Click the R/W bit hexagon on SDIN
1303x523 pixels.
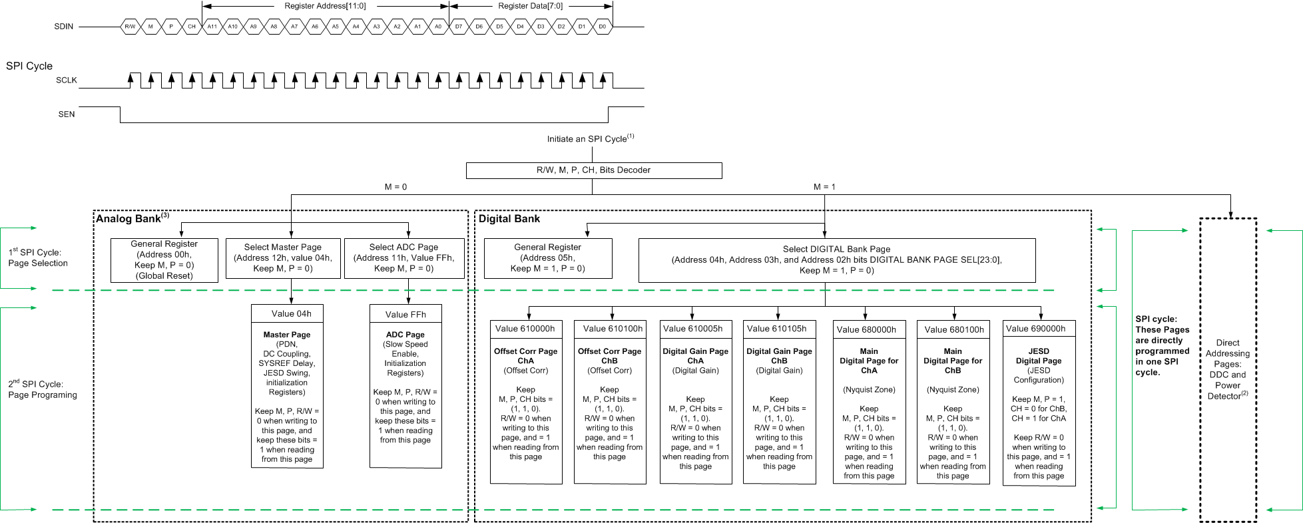coord(130,27)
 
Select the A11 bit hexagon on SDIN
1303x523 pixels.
coord(212,27)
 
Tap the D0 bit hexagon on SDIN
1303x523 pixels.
coord(602,27)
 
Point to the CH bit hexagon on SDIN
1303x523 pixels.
coord(192,27)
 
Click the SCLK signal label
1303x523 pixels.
coord(67,80)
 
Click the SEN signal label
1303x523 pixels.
coord(67,114)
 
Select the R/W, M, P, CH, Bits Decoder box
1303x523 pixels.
coord(593,170)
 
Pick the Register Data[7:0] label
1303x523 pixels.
coord(530,6)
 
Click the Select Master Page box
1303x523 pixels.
coord(282,258)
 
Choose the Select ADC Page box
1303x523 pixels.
coord(403,258)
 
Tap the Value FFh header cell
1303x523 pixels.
coord(405,314)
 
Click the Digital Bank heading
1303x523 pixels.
coord(509,219)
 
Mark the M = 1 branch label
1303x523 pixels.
coord(824,187)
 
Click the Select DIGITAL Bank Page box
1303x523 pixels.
coord(836,260)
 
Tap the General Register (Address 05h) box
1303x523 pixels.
coord(547,258)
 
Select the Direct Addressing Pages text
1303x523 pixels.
coord(1227,369)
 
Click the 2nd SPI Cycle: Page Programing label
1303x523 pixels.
coord(43,389)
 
